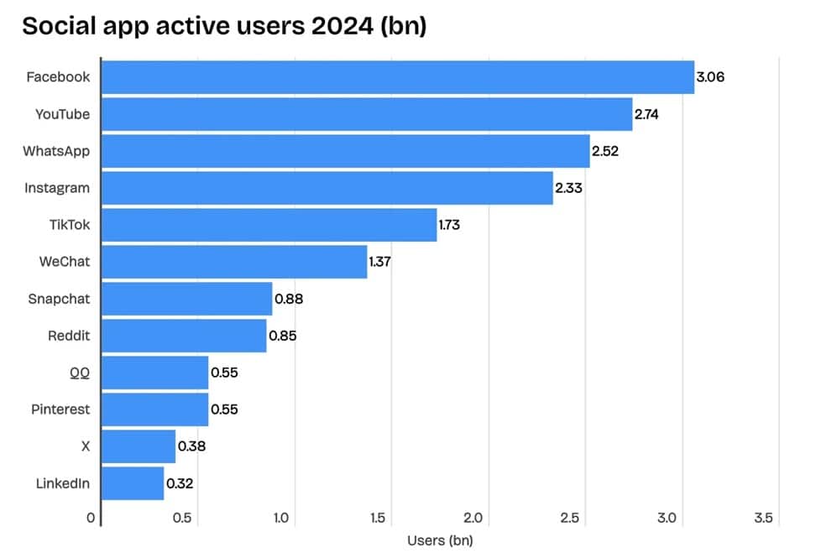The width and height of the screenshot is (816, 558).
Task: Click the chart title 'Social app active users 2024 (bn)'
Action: coord(224,26)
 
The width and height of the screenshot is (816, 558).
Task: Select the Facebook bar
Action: coord(397,77)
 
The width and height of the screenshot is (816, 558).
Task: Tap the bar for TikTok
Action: coord(269,225)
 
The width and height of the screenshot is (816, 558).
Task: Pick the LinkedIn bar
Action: coord(133,483)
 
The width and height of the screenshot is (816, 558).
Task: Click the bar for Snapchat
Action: coord(186,299)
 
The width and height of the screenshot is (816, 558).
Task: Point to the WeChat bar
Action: coord(234,262)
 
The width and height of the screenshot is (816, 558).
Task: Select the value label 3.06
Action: coord(710,77)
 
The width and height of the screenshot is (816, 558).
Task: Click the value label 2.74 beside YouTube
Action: coord(646,114)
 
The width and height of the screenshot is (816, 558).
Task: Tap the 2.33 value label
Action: coord(568,188)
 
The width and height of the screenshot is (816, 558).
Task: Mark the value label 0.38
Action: coord(191,446)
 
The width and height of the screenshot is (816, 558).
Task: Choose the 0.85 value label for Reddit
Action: coord(282,336)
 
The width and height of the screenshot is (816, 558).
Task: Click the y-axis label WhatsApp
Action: coord(56,151)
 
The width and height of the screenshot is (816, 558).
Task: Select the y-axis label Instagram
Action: coord(56,188)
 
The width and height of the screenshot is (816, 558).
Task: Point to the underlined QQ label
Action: coord(80,373)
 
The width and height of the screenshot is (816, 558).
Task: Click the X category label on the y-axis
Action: coord(85,446)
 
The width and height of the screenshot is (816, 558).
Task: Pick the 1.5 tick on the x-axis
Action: coord(378,519)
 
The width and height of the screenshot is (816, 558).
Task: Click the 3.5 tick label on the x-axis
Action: coord(762,519)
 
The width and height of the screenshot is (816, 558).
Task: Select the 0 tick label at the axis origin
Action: coord(91,519)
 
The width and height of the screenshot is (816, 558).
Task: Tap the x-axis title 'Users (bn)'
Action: coord(439,540)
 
